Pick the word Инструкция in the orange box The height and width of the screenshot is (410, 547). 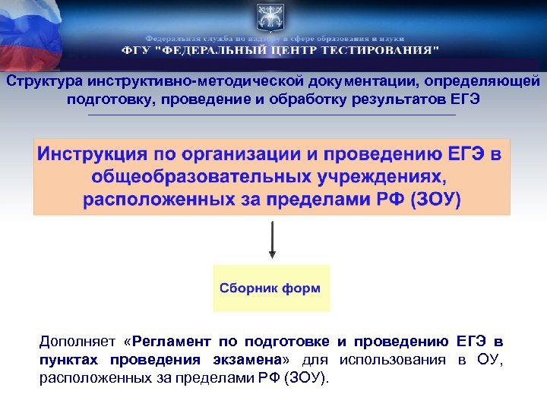(x=93, y=155)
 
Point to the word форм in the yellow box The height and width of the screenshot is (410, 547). (x=304, y=289)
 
